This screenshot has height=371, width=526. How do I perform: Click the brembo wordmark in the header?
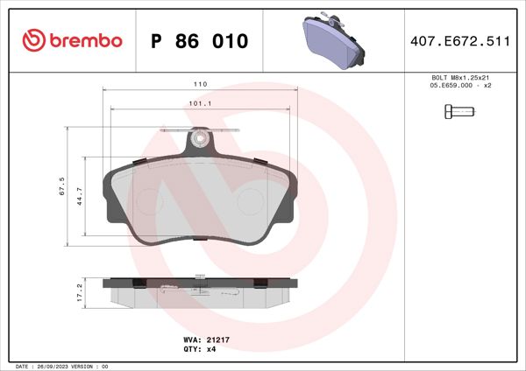(86, 41)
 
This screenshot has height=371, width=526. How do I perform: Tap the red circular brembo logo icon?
(32, 41)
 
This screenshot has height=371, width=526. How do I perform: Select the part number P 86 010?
(200, 41)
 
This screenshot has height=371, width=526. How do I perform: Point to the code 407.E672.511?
(459, 41)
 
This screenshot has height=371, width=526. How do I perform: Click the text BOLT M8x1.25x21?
(458, 79)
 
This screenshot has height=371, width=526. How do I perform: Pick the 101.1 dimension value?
(200, 103)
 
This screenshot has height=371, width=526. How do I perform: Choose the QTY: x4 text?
(201, 348)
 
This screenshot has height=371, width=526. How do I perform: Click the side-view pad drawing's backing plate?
(200, 283)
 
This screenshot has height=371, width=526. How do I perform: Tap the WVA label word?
(190, 339)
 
